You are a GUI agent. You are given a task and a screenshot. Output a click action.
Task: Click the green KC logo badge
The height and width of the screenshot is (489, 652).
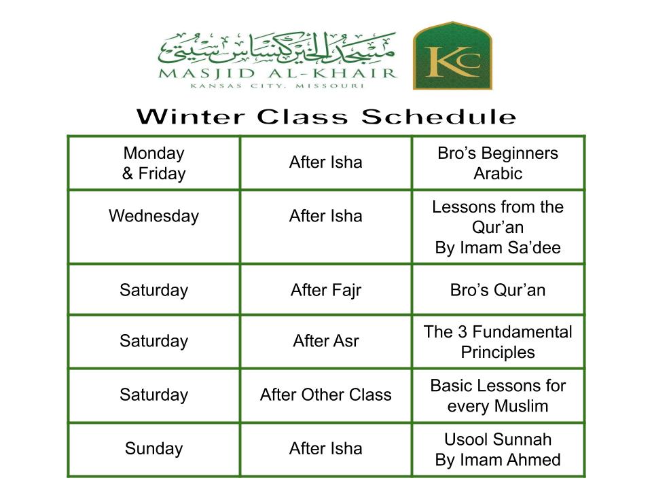coord(452,56)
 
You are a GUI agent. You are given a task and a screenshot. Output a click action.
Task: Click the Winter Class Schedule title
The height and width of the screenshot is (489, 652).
coord(327,117)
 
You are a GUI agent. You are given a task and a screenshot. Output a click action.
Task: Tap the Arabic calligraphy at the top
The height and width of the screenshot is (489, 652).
coord(277,50)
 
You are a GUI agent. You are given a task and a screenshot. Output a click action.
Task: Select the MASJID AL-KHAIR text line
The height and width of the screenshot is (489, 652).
coord(278,73)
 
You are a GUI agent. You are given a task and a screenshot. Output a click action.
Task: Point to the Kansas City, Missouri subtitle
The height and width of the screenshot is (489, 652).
coord(277,86)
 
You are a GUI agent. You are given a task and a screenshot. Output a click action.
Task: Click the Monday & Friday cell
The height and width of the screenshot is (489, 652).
coord(154,163)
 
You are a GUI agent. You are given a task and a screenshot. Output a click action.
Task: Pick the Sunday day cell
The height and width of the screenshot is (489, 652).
coord(154,449)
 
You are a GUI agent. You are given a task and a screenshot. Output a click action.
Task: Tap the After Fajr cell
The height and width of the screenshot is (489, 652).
coord(326,290)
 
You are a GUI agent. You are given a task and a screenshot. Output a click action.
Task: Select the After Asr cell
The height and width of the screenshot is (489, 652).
coord(326,341)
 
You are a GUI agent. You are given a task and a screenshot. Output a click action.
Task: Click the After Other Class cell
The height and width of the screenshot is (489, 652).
coord(326,395)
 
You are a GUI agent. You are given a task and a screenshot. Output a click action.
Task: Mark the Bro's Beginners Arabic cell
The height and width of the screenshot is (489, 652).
coord(498,163)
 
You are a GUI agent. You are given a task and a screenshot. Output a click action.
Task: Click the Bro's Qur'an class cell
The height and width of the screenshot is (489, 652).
coord(498,290)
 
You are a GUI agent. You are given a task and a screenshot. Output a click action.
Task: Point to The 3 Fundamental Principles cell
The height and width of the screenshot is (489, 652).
coord(498,342)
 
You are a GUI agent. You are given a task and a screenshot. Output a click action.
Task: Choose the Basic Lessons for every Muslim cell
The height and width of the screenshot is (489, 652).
coord(498,396)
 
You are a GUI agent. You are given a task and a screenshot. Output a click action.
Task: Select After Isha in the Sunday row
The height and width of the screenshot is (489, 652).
coord(326,449)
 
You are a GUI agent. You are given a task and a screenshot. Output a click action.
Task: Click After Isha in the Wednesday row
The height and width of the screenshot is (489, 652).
coord(326,216)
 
